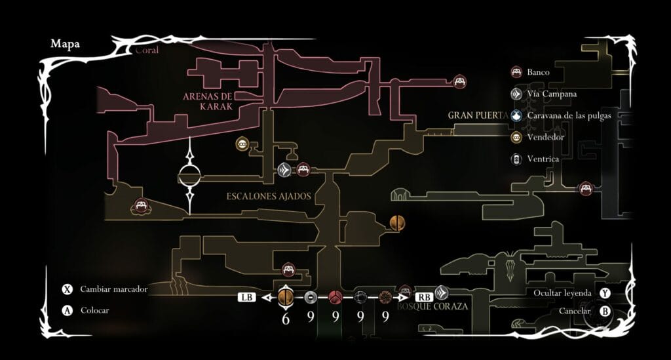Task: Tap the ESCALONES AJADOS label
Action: click(268, 196)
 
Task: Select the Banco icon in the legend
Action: click(516, 72)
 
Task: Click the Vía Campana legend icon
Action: click(516, 94)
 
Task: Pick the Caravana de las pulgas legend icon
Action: click(516, 115)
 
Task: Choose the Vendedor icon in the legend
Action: click(516, 137)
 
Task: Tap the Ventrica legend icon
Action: click(516, 159)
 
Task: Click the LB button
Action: click(246, 297)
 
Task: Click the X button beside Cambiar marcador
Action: click(67, 289)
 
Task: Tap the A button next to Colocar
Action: click(67, 310)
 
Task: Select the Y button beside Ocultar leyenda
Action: click(605, 292)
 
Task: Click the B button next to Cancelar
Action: click(605, 311)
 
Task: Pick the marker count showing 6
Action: click(286, 318)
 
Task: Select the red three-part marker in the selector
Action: click(335, 297)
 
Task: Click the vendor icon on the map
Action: click(242, 144)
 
